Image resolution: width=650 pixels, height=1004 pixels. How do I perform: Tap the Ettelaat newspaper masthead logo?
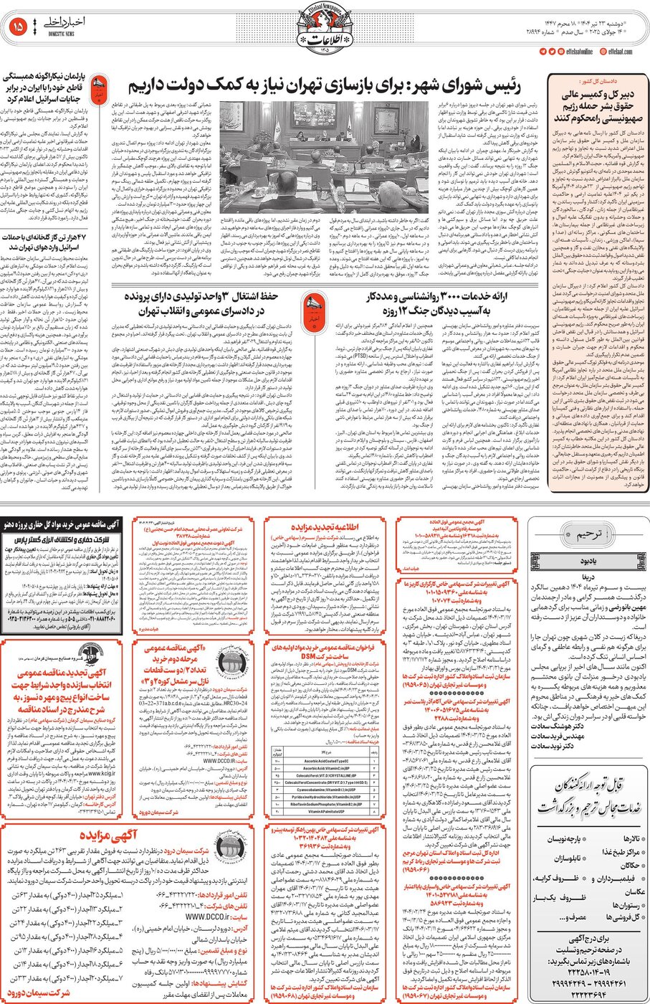(x=324, y=28)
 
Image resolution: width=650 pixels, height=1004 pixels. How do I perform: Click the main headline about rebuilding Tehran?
(x=324, y=87)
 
